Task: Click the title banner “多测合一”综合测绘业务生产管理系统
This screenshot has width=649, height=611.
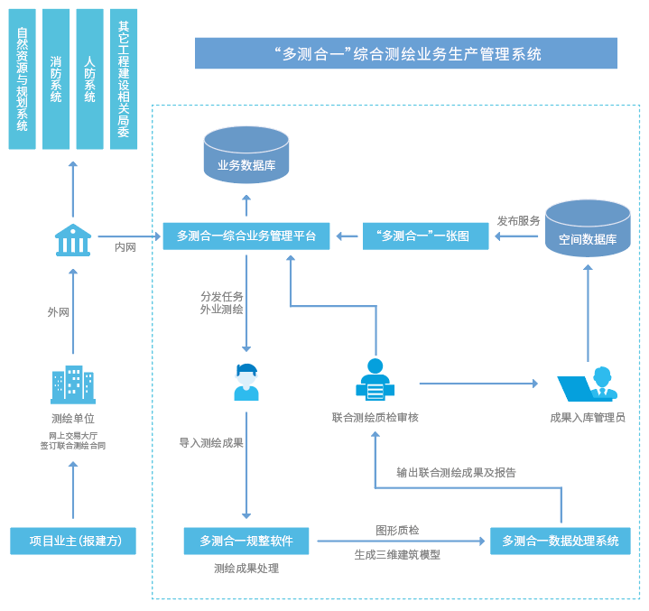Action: (406, 53)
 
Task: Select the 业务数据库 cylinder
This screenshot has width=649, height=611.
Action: (246, 153)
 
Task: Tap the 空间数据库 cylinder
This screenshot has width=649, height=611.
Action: (588, 229)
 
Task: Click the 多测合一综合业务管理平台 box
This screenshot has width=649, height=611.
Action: (246, 236)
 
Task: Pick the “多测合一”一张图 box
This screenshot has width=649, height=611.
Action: (425, 236)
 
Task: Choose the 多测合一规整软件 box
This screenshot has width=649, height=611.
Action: (246, 541)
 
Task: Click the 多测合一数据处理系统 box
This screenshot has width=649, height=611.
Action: (561, 541)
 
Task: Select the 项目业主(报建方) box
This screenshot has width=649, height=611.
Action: (73, 541)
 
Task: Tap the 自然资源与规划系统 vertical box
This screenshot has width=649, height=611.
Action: (23, 79)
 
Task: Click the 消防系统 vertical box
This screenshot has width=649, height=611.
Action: (56, 79)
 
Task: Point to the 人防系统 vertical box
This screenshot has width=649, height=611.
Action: (89, 79)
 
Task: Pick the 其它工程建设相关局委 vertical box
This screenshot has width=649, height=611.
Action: (124, 79)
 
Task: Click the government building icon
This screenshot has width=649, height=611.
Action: (73, 240)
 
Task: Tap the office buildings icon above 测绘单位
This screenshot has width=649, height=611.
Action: (73, 384)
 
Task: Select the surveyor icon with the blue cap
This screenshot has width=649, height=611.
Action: (246, 382)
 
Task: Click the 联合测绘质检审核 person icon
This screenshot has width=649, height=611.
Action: (375, 380)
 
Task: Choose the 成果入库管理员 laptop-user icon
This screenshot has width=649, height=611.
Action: (588, 384)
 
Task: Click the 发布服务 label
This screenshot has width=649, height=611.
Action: (519, 220)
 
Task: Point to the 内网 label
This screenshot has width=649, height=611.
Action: (125, 246)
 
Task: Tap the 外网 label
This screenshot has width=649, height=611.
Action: (59, 312)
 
